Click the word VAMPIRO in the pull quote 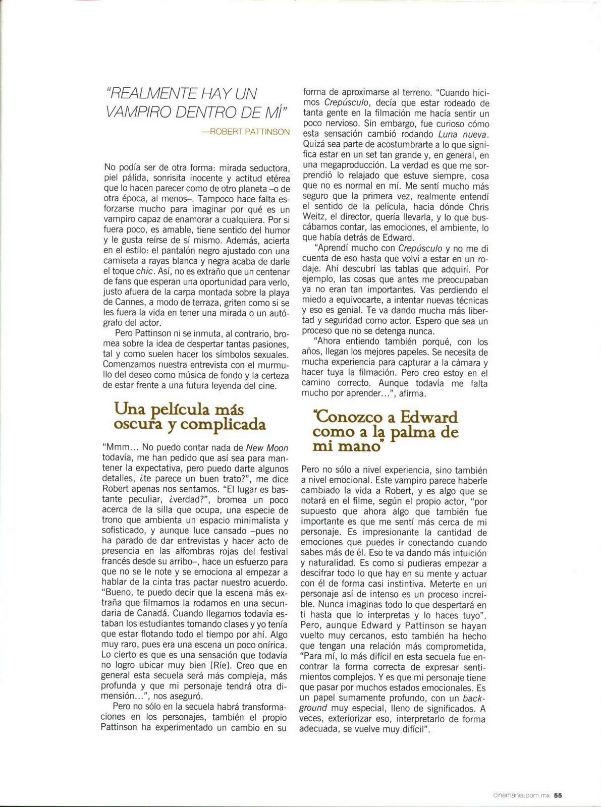[136, 111]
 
